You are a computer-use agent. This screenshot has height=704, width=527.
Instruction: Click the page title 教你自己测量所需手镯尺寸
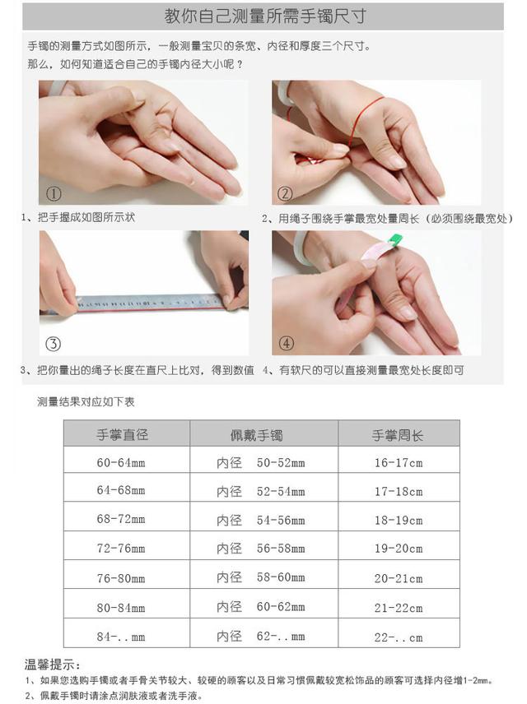(x=265, y=16)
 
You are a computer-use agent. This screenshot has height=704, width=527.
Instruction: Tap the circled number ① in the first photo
(x=54, y=194)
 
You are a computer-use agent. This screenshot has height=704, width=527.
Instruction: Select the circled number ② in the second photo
(x=285, y=194)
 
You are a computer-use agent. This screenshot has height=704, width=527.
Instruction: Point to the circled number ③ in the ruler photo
(x=53, y=344)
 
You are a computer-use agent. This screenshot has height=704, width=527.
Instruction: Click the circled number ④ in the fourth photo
(x=287, y=344)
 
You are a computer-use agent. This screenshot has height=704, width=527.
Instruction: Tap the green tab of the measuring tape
(x=394, y=241)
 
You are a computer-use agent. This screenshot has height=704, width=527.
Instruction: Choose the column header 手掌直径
(x=123, y=434)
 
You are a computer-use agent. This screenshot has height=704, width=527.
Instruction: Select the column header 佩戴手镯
(x=256, y=435)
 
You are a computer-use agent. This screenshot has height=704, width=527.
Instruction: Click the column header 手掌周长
(x=398, y=435)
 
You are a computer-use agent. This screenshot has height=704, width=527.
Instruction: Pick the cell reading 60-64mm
(x=121, y=462)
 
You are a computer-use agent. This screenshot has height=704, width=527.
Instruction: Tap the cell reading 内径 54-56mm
(x=261, y=521)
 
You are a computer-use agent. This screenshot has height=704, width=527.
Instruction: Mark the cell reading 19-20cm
(x=399, y=549)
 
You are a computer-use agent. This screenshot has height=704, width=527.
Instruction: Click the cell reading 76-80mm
(x=121, y=578)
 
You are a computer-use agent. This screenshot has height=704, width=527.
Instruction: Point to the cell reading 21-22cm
(x=399, y=608)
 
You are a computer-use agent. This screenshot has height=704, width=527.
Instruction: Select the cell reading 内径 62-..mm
(x=261, y=637)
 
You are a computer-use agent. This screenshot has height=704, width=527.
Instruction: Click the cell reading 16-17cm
(x=399, y=462)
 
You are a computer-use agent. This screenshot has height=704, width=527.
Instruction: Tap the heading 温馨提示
(x=53, y=665)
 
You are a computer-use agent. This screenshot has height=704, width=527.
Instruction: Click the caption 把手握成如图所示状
(x=86, y=217)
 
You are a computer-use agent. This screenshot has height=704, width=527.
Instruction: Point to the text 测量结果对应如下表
(x=86, y=402)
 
